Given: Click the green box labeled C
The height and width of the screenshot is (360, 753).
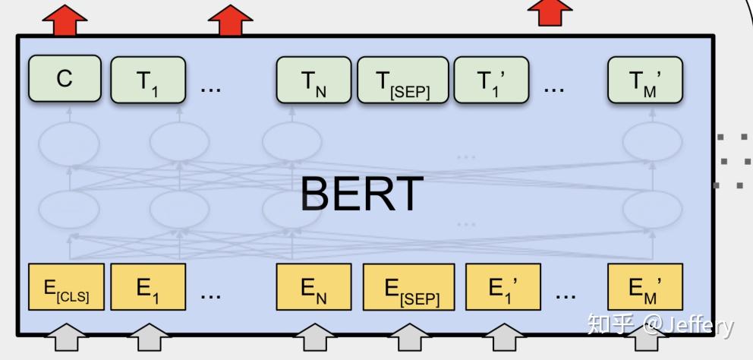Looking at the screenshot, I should click(65, 79).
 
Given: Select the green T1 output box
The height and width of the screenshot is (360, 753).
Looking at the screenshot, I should click(147, 79).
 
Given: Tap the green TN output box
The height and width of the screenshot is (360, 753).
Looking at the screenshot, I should click(313, 79).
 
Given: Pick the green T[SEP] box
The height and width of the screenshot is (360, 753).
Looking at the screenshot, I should click(403, 79).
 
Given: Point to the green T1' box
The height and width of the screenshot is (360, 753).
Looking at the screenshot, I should click(490, 79).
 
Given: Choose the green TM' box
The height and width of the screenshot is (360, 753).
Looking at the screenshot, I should click(645, 79).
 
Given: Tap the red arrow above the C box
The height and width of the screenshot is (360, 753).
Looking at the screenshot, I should click(65, 21).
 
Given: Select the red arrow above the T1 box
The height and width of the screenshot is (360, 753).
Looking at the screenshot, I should click(230, 21).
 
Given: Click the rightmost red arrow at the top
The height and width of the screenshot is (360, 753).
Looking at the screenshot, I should click(550, 13).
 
